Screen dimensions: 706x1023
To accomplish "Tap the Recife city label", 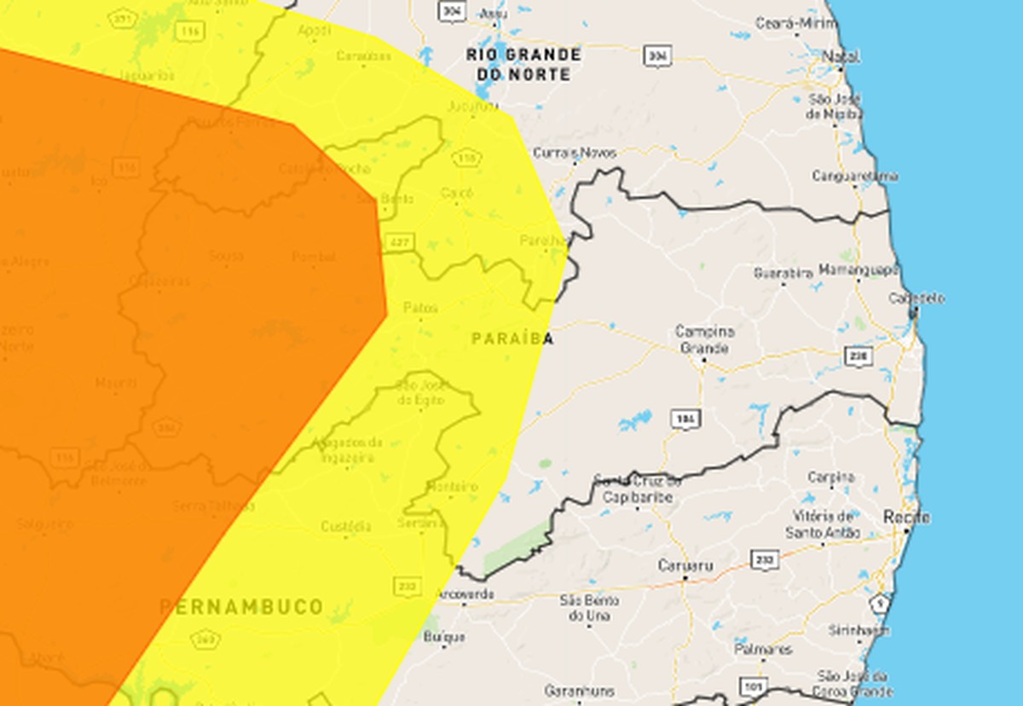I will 906,518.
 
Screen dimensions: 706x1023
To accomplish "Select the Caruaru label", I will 685,565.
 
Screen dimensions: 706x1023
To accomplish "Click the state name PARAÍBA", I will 511,339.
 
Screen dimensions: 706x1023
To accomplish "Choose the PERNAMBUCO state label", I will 242,607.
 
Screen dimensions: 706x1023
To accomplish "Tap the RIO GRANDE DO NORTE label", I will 523,65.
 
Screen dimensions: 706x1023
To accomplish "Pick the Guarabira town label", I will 783,274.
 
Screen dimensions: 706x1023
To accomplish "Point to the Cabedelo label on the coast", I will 916,298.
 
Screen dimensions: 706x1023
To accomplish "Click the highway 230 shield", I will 858,355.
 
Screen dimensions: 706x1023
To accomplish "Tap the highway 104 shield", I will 684,419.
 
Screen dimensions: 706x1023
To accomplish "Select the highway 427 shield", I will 398,242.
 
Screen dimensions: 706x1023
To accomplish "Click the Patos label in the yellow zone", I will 421,308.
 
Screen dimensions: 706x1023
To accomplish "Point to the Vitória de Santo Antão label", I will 823,524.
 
